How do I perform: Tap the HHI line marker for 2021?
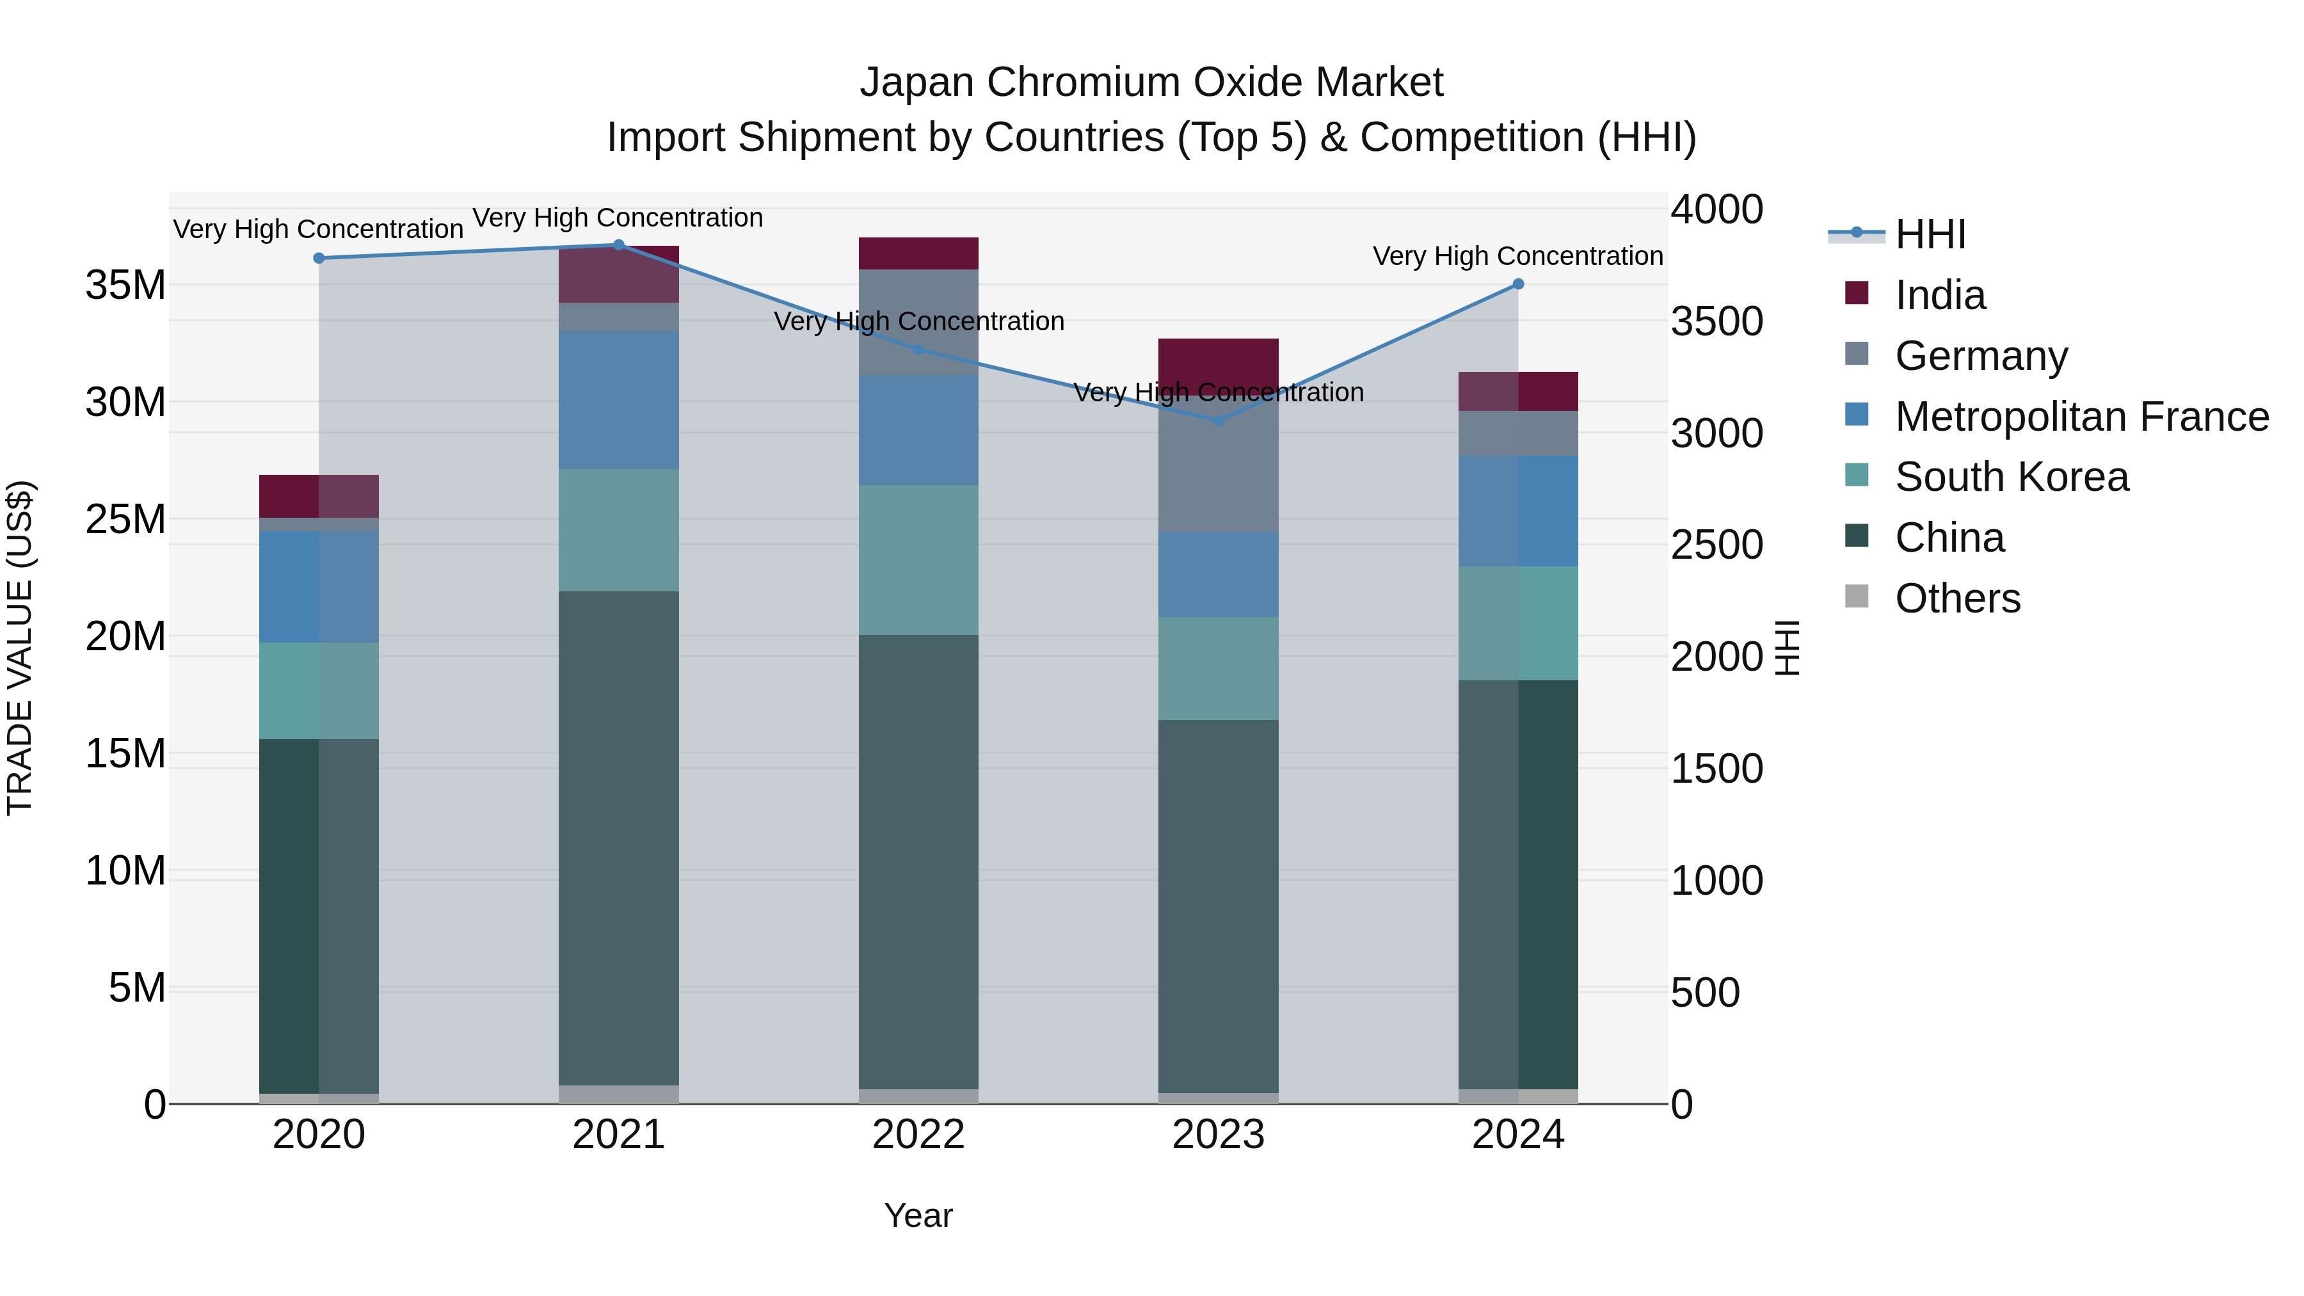pos(618,244)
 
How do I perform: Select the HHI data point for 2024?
pos(1518,284)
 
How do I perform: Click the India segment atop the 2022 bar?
pos(918,253)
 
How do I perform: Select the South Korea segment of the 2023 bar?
pos(1218,668)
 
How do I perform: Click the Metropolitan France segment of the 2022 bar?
pos(918,429)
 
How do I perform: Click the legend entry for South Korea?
pos(2011,477)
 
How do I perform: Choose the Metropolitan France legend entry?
pos(2081,417)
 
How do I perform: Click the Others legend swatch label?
pos(1957,598)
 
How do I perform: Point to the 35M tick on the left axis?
pos(125,285)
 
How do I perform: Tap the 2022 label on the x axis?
pos(918,1135)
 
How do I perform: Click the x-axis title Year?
pos(918,1215)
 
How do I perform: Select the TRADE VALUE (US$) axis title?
pos(20,646)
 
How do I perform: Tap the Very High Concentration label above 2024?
pos(1518,256)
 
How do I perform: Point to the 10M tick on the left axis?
pos(125,870)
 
